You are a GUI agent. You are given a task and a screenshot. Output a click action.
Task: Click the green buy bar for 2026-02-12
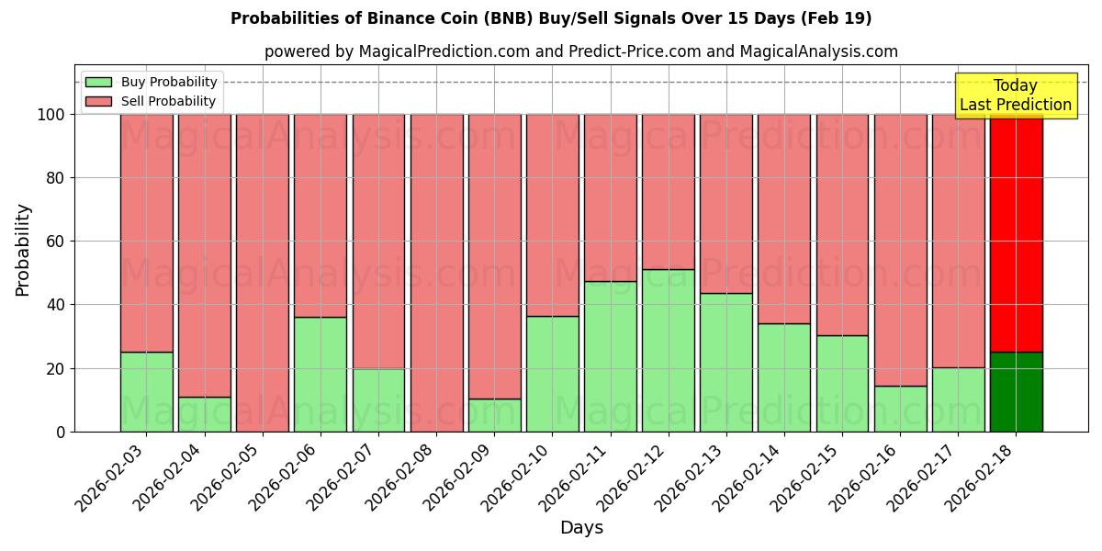click(x=669, y=350)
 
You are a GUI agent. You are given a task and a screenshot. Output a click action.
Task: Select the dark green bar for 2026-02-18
click(x=1017, y=391)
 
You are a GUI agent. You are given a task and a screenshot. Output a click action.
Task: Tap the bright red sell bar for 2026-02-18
click(x=1017, y=233)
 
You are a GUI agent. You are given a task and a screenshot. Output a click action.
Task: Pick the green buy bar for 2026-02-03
click(x=147, y=391)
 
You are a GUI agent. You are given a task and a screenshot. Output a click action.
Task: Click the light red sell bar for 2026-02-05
click(x=263, y=273)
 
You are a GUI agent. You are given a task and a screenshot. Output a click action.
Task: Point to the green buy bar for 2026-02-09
click(x=495, y=415)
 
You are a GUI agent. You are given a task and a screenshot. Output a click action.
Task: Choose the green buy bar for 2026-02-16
click(x=901, y=409)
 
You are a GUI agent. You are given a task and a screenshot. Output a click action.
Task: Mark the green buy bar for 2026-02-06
click(x=320, y=374)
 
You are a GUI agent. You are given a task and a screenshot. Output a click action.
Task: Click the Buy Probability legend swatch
click(x=98, y=82)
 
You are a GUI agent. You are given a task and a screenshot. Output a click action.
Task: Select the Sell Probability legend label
click(x=168, y=101)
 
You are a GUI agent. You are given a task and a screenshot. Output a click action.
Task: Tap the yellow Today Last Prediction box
click(x=1016, y=96)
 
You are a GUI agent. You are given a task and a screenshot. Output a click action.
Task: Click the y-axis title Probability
click(x=23, y=250)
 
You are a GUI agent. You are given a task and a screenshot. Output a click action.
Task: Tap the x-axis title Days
click(x=581, y=528)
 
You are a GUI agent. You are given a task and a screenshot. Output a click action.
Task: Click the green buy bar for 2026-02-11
click(x=611, y=356)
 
